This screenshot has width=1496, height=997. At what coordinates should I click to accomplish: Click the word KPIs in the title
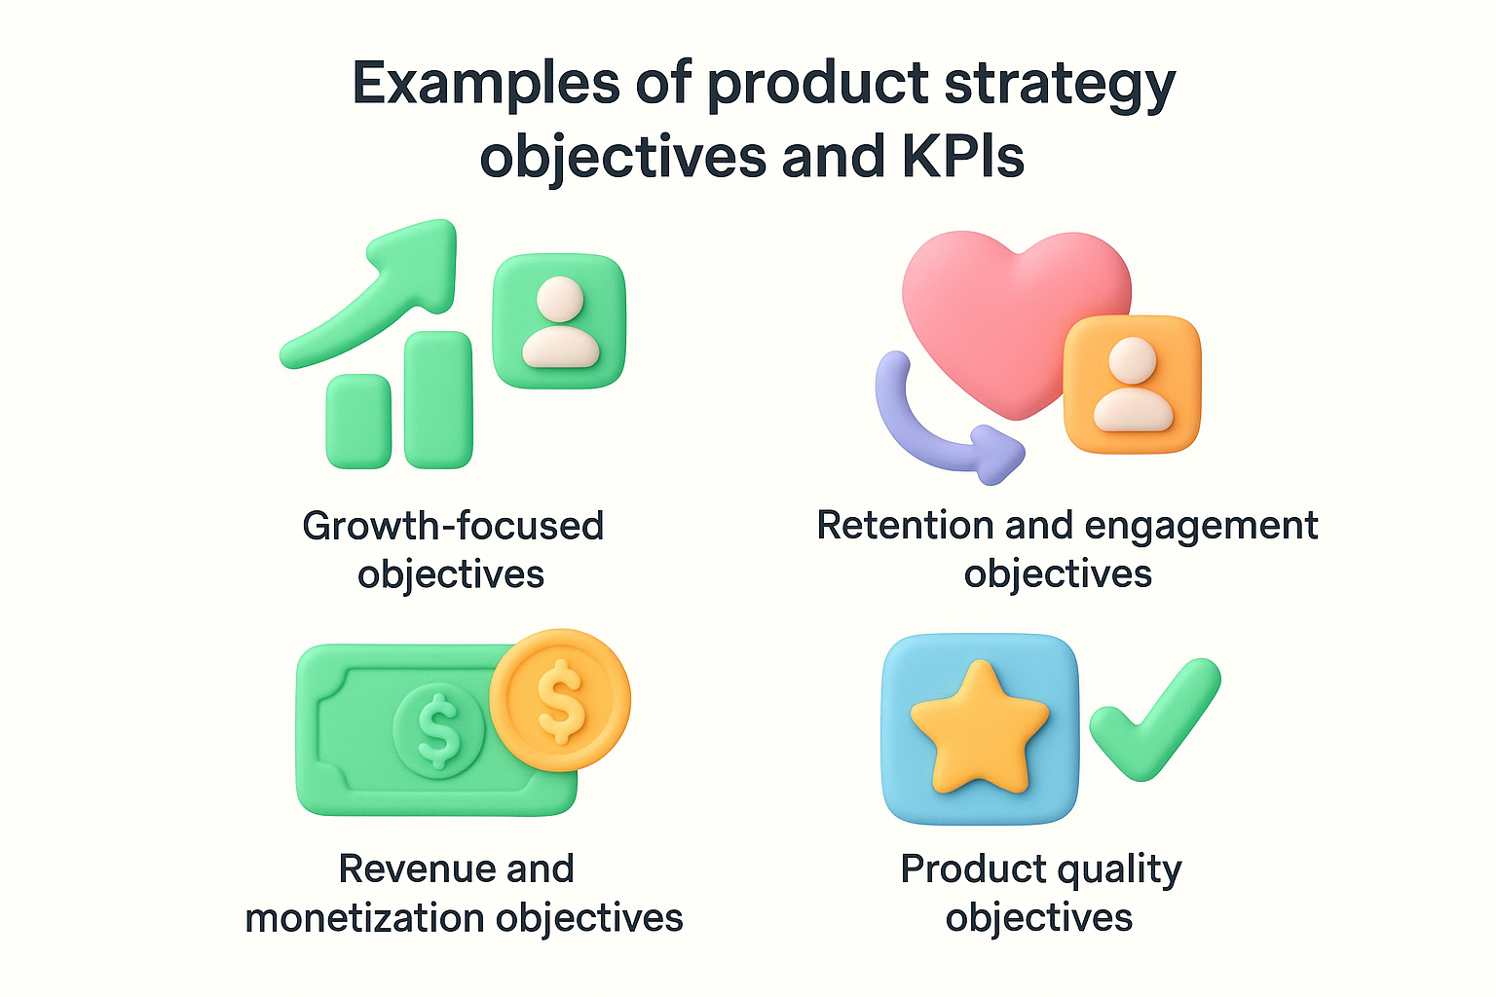pyautogui.click(x=963, y=156)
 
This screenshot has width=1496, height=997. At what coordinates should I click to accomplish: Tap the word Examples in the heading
pyautogui.click(x=485, y=84)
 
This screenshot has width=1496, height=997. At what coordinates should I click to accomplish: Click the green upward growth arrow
pyautogui.click(x=390, y=292)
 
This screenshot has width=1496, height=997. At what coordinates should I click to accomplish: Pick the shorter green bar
pyautogui.click(x=358, y=421)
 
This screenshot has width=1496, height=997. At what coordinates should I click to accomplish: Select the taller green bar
pyautogui.click(x=438, y=399)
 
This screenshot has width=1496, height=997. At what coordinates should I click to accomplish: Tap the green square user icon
pyautogui.click(x=559, y=321)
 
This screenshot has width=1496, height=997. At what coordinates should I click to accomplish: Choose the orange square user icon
pyautogui.click(x=1132, y=384)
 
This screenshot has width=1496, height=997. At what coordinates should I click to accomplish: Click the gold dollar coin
pyautogui.click(x=560, y=700)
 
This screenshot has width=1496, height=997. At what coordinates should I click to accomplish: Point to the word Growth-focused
pyautogui.click(x=453, y=526)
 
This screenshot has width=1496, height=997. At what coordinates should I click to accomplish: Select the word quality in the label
pyautogui.click(x=1119, y=869)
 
